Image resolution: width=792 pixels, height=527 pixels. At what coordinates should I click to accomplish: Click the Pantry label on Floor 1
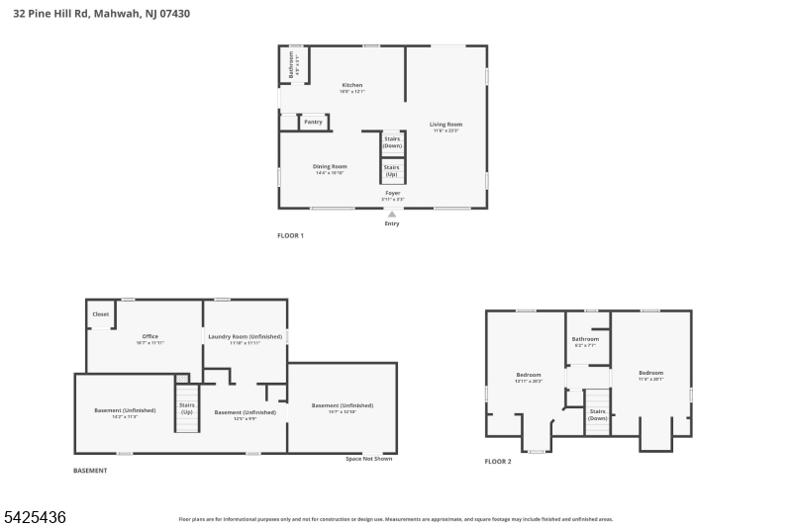(x=313, y=122)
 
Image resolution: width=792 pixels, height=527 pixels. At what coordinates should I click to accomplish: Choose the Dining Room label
(x=330, y=168)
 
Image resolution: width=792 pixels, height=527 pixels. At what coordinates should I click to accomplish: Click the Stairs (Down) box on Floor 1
(x=392, y=142)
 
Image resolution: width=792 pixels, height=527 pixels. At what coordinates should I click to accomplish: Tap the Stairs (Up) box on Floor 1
(x=392, y=171)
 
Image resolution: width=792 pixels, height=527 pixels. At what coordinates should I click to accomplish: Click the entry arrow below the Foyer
(x=392, y=214)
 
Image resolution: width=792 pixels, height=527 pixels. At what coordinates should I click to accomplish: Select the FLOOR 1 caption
(x=290, y=235)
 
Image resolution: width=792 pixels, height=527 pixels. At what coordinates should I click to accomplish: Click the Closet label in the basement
(x=100, y=314)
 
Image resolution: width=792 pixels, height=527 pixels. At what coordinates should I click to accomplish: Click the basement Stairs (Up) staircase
(x=187, y=407)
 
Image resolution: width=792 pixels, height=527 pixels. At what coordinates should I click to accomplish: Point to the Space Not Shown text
(x=368, y=458)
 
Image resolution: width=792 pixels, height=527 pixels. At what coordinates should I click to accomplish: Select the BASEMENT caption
(x=90, y=471)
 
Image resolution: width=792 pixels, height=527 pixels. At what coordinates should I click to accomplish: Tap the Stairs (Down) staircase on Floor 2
(x=597, y=414)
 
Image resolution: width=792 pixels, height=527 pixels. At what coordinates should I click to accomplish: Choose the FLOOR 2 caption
(x=498, y=462)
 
